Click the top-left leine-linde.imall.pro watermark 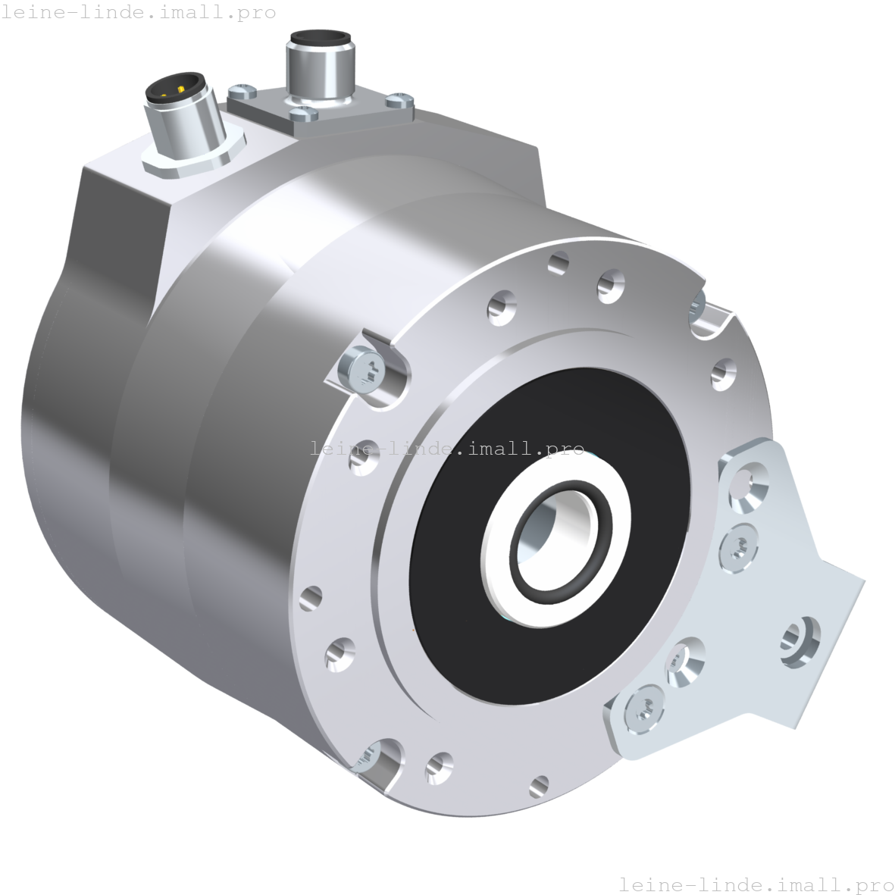(x=138, y=13)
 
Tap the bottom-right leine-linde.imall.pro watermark (x=756, y=884)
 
